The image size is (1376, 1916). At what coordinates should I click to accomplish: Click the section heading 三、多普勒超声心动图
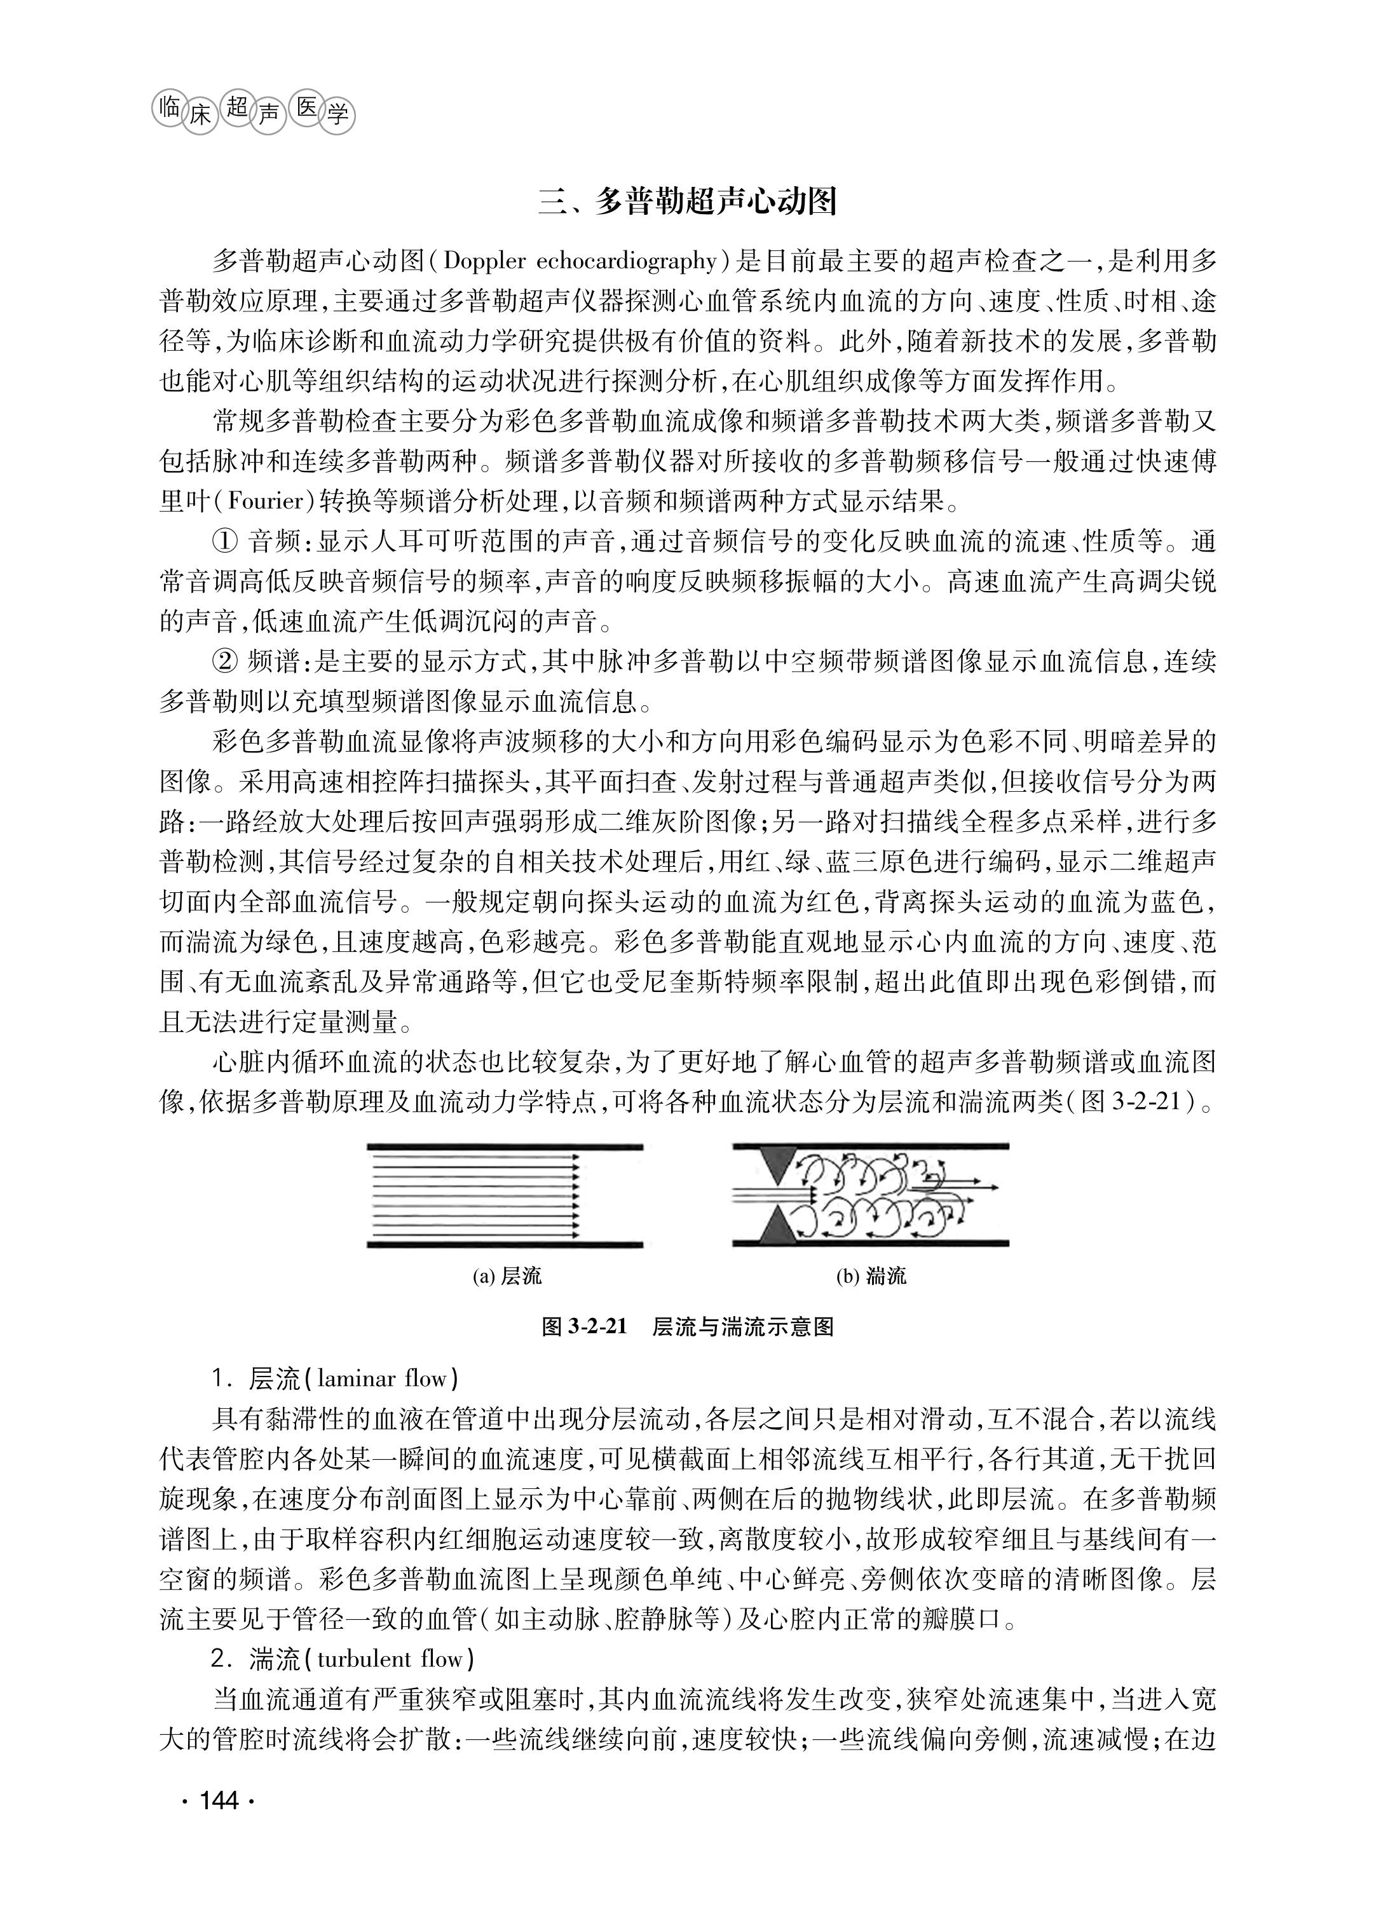(688, 203)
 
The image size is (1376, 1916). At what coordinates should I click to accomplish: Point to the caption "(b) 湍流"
(871, 1275)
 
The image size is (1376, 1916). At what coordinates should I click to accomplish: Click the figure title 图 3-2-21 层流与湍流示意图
(688, 1327)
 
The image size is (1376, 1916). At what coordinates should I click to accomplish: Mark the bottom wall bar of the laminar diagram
(504, 1244)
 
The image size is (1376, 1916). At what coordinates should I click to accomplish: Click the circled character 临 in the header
(168, 107)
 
